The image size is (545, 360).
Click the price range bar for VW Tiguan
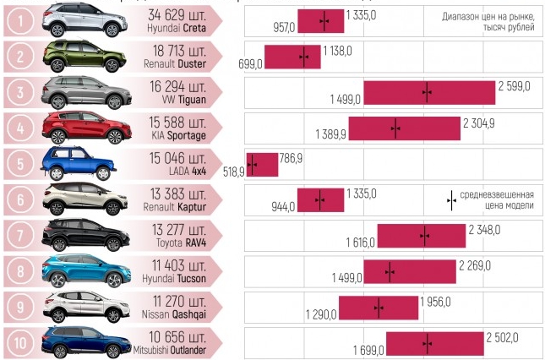pos(428,93)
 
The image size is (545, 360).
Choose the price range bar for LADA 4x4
pos(262,164)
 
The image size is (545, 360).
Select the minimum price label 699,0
pos(250,64)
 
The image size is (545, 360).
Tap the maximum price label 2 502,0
pos(503,337)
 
